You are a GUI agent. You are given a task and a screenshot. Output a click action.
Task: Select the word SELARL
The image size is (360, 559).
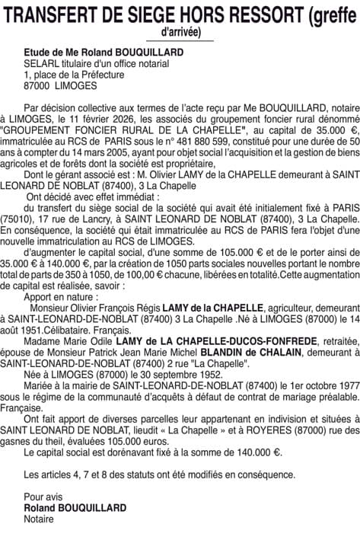coord(39,63)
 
